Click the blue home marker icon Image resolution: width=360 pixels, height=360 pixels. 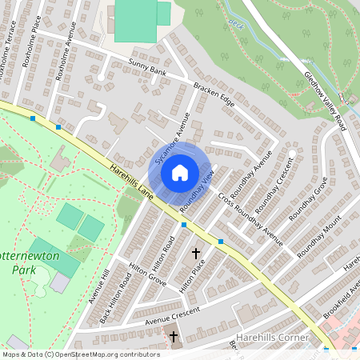coord(180,172)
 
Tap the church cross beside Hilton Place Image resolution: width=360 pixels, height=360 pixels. coord(196,254)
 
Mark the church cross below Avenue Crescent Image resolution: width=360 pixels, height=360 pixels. coord(174,337)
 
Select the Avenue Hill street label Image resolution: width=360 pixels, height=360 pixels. coord(101,287)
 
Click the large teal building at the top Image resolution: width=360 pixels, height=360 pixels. coord(136,20)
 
